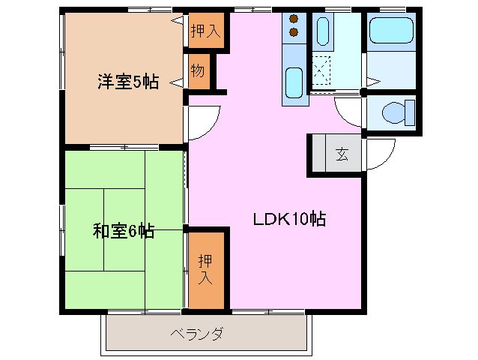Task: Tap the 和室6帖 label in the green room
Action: [x=124, y=231]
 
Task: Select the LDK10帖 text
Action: [x=288, y=220]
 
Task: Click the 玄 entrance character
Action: [x=342, y=155]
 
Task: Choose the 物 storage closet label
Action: [x=197, y=72]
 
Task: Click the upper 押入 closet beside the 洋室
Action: [x=205, y=31]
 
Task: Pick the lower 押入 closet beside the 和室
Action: [x=205, y=270]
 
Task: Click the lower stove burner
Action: [x=293, y=32]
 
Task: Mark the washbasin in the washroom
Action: [x=323, y=31]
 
